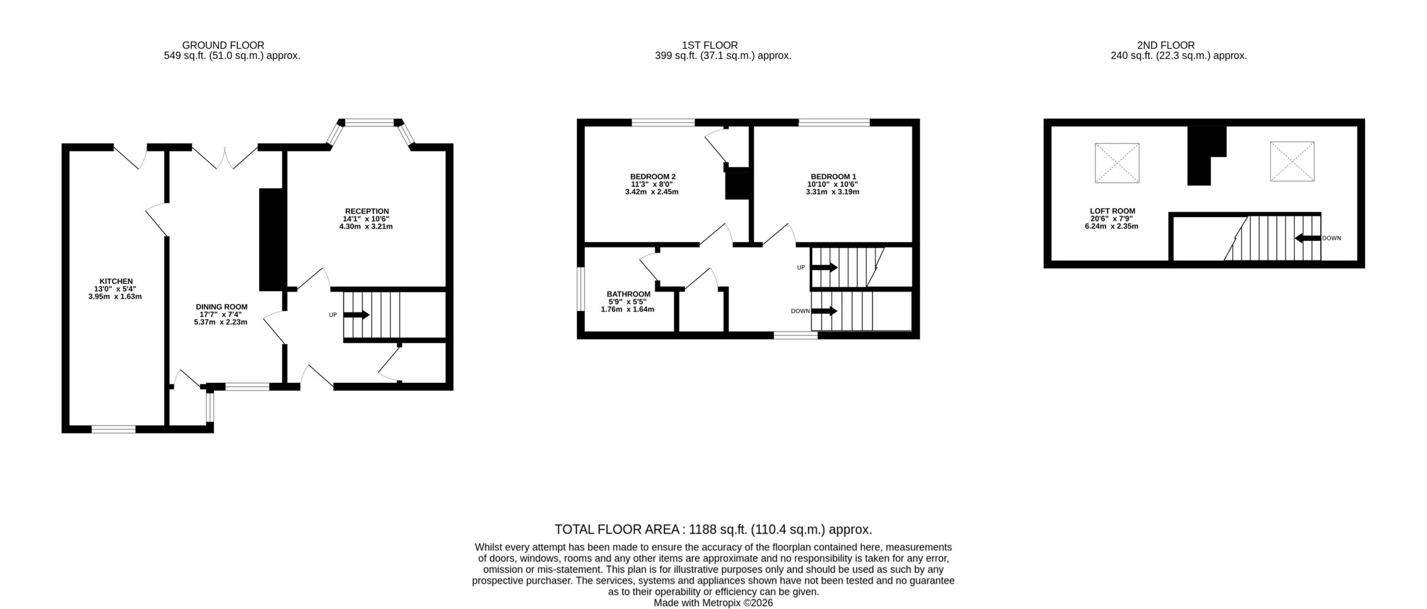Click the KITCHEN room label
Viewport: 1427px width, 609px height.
pyautogui.click(x=116, y=281)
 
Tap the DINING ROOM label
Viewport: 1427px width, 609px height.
pyautogui.click(x=221, y=307)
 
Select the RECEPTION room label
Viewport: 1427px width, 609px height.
pyautogui.click(x=367, y=211)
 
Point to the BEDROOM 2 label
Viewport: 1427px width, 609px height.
pyautogui.click(x=653, y=177)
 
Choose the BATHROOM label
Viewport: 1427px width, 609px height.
pyautogui.click(x=628, y=294)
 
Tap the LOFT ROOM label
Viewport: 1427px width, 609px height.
pyautogui.click(x=1113, y=211)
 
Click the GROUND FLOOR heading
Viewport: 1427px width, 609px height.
pyautogui.click(x=223, y=45)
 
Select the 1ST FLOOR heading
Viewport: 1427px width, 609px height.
pyautogui.click(x=710, y=45)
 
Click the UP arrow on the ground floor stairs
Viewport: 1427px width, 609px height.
pyautogui.click(x=356, y=315)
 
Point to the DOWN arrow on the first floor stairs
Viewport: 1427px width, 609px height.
pyautogui.click(x=824, y=311)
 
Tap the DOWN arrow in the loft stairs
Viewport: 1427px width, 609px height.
pyautogui.click(x=1307, y=238)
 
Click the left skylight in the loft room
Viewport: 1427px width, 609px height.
pyautogui.click(x=1117, y=163)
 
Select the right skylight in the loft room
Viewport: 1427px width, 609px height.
pyautogui.click(x=1293, y=161)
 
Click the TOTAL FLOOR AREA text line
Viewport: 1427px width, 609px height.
pyautogui.click(x=713, y=529)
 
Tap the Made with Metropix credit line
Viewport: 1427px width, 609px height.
pyautogui.click(x=713, y=602)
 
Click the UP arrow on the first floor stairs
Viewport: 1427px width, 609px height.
pyautogui.click(x=824, y=267)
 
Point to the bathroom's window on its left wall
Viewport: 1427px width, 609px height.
pyautogui.click(x=580, y=289)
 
